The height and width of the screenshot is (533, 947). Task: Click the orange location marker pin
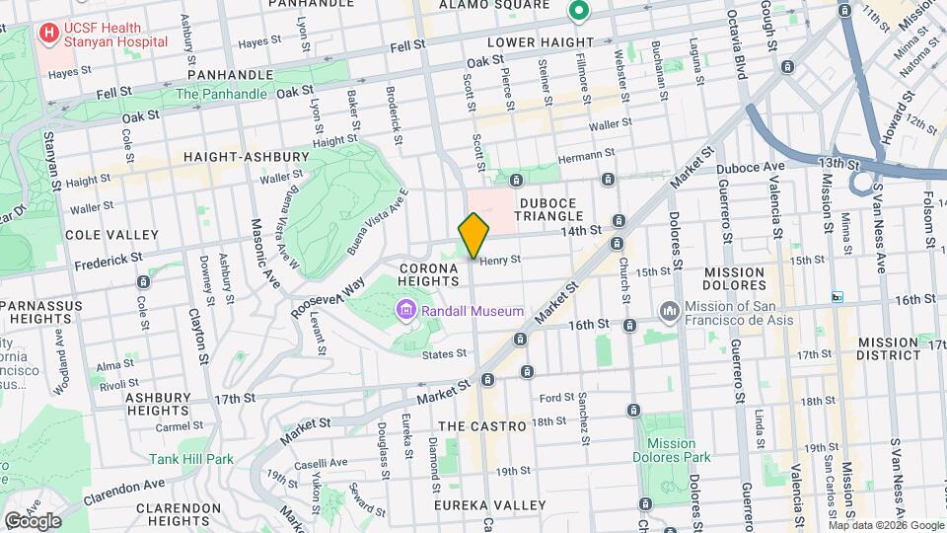(x=474, y=236)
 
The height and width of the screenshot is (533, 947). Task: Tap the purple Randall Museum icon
(x=405, y=312)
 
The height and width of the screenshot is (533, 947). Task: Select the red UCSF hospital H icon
(x=47, y=34)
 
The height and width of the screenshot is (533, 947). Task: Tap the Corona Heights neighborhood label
(x=429, y=274)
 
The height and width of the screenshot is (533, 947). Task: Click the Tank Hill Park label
(x=191, y=459)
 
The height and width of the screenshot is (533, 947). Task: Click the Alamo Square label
(x=507, y=5)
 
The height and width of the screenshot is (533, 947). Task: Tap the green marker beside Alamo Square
(x=578, y=12)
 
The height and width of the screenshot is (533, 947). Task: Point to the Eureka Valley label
(x=490, y=505)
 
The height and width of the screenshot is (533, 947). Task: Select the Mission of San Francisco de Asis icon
(x=670, y=312)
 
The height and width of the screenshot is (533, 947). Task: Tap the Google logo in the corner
(x=33, y=520)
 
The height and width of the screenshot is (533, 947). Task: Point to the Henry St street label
(x=500, y=260)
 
